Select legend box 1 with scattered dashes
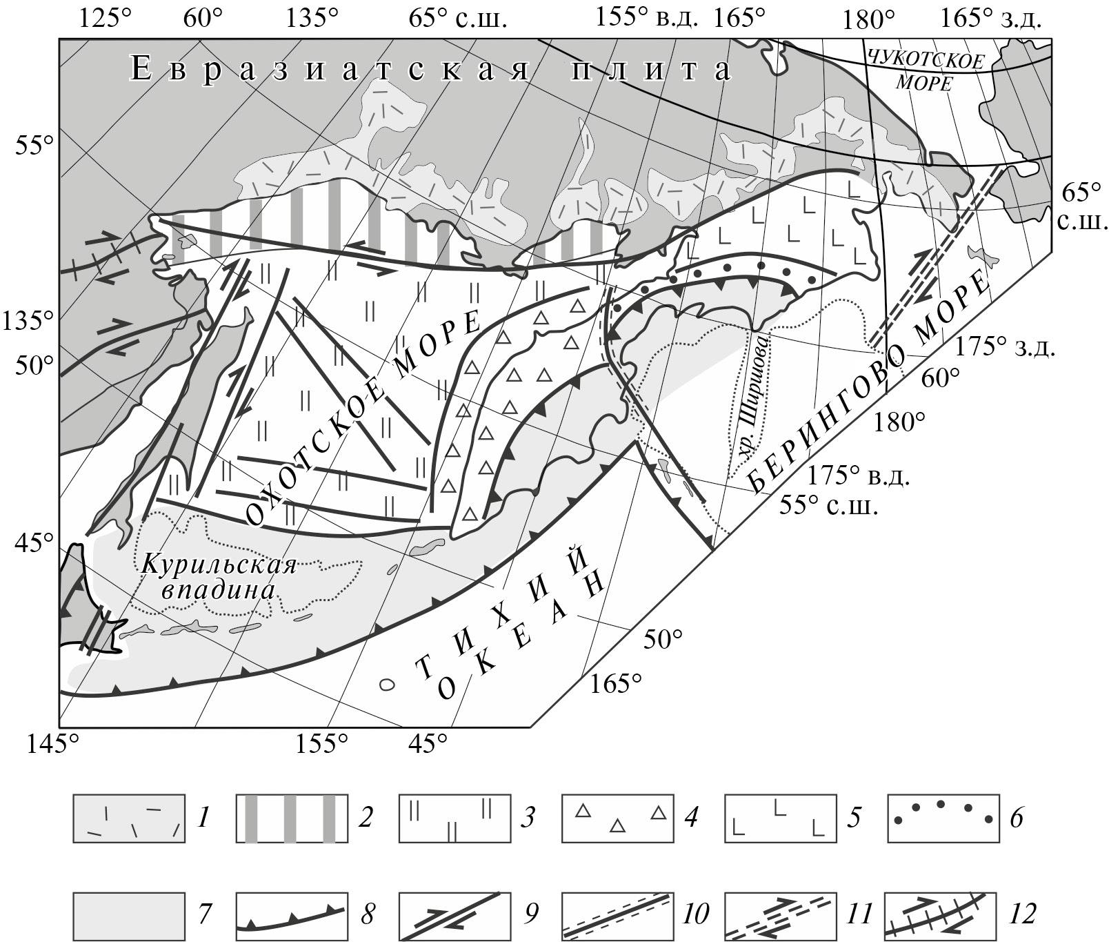click(129, 818)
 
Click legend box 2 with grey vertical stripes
click(292, 818)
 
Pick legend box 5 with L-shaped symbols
click(781, 818)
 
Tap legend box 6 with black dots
click(943, 818)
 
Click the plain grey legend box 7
click(129, 915)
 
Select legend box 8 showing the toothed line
click(292, 915)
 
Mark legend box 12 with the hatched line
click(943, 915)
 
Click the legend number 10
click(695, 915)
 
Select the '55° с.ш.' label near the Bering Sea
click(829, 505)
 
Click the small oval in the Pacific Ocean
click(388, 685)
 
